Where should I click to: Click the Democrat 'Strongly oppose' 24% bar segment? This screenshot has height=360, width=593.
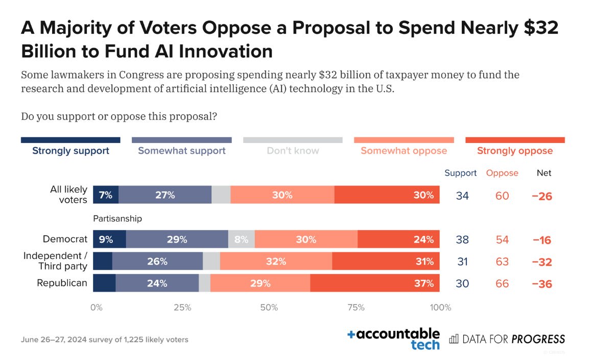pos(398,239)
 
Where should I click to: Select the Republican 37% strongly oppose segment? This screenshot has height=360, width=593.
pos(375,283)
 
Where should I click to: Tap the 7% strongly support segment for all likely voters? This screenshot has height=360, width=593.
pos(106,195)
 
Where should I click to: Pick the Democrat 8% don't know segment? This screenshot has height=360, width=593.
pos(242,239)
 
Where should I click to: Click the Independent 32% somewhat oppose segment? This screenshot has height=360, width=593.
pos(276,261)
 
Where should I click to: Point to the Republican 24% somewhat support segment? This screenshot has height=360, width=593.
pos(157,283)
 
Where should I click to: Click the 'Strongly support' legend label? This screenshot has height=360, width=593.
pos(70,151)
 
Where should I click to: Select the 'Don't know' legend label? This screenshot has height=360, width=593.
pos(293,151)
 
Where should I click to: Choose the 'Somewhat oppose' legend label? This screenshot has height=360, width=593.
pos(404,151)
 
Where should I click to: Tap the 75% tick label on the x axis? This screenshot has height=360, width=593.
pos(356,307)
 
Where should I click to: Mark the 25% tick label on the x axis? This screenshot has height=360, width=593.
pos(182,307)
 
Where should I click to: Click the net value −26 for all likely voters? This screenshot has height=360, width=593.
pos(542,196)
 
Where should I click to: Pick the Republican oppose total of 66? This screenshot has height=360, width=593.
pos(502,283)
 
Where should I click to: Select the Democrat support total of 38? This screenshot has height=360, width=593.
pos(462,239)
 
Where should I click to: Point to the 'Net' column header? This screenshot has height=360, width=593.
pos(544,173)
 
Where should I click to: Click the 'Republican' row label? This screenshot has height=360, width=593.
pos(62,283)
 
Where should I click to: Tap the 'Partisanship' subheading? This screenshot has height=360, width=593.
pos(117,219)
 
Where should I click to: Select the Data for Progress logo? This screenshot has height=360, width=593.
pos(507,339)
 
